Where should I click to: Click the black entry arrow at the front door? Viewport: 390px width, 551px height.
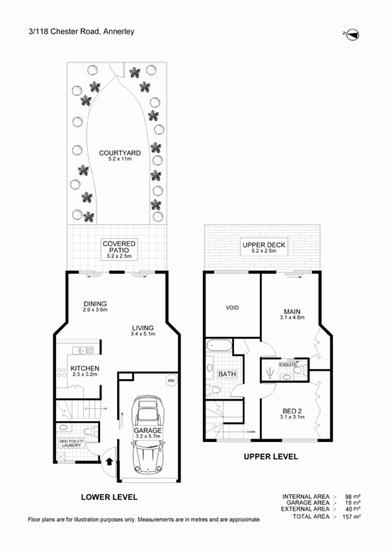[110, 462]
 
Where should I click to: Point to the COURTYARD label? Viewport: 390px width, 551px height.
[120, 153]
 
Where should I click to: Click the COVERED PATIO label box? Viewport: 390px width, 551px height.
[119, 249]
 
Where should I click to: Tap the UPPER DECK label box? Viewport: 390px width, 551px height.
[264, 247]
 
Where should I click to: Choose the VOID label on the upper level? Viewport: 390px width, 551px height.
[232, 308]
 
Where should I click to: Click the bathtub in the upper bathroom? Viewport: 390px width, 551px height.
[219, 345]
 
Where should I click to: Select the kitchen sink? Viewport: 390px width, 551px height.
[83, 350]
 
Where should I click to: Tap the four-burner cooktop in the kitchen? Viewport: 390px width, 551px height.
[62, 372]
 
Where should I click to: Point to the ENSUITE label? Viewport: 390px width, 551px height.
[287, 365]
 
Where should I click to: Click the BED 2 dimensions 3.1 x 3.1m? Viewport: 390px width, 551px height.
[292, 417]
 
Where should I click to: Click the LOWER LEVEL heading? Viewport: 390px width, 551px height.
[109, 497]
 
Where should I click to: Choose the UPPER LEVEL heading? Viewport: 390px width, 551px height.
[271, 457]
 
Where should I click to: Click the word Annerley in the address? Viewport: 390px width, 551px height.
[119, 32]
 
